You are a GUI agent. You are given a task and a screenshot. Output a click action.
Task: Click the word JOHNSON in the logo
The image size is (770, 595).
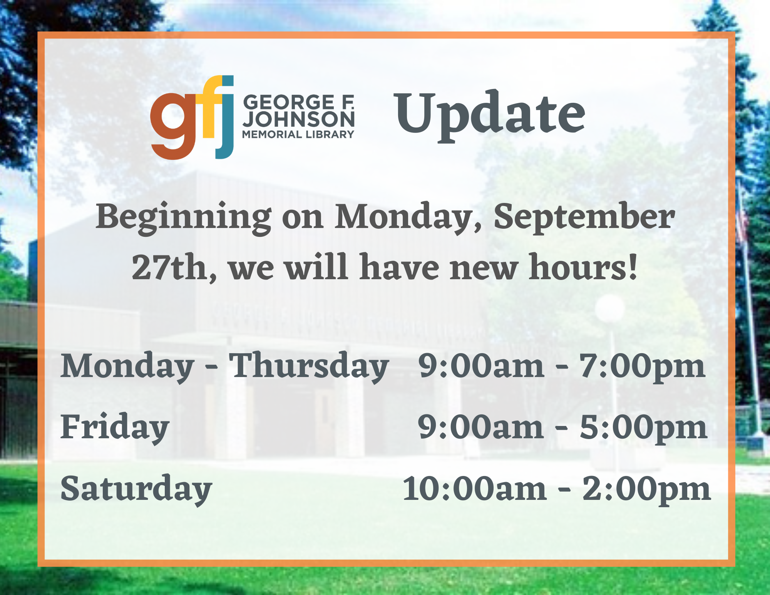(299, 119)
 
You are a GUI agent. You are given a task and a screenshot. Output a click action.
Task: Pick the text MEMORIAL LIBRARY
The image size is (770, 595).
(298, 134)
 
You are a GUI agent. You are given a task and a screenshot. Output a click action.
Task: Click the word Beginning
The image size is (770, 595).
(184, 218)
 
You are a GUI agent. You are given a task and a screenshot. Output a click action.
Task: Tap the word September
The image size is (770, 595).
(584, 218)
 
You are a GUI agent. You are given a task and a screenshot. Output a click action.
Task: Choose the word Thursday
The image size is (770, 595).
(309, 367)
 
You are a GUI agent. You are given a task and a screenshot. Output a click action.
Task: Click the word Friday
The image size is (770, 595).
(115, 427)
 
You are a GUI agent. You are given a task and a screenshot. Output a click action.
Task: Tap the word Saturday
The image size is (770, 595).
(136, 489)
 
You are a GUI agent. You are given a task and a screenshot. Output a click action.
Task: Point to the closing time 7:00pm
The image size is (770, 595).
(642, 367)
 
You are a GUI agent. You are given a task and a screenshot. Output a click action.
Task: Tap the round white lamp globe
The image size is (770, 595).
(609, 308)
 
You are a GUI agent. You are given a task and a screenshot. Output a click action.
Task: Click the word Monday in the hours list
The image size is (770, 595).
(127, 367)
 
